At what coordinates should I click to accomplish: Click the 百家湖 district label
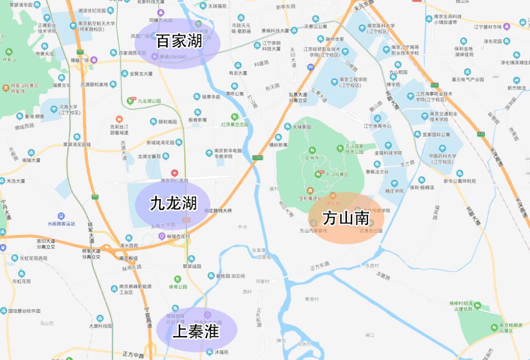(x=179, y=41)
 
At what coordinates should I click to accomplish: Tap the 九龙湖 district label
(x=173, y=203)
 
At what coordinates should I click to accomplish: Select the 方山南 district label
(x=345, y=218)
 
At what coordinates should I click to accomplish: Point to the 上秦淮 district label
(x=196, y=332)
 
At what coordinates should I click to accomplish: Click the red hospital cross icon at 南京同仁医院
(x=174, y=173)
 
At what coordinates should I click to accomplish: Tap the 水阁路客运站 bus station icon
(x=61, y=216)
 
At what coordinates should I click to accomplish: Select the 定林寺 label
(x=312, y=158)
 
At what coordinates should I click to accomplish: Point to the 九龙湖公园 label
(x=149, y=101)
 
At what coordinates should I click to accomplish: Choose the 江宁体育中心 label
(x=377, y=126)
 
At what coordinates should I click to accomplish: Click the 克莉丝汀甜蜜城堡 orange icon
(x=119, y=119)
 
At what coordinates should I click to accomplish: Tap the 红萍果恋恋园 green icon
(x=235, y=117)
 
